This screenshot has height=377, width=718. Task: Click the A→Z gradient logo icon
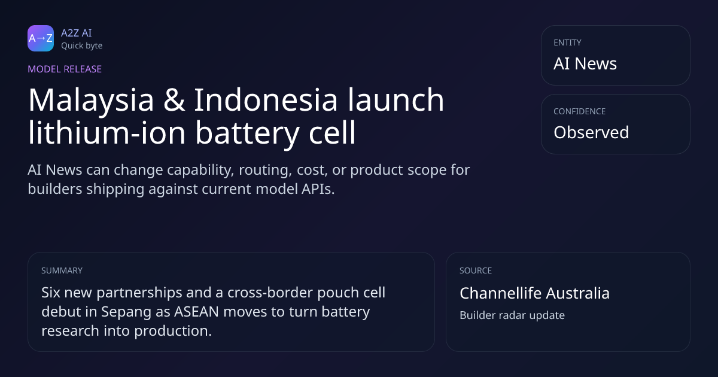click(41, 38)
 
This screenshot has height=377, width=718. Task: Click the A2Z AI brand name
click(77, 33)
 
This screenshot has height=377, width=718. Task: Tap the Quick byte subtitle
click(82, 46)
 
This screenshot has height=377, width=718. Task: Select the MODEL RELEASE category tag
click(65, 69)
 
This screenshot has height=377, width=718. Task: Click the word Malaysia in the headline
click(91, 101)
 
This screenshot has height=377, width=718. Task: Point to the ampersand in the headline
click(174, 100)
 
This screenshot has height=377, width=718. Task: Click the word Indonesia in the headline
click(266, 100)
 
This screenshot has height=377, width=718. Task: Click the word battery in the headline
click(247, 133)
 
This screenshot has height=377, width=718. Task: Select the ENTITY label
click(567, 42)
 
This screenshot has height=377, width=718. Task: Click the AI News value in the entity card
click(585, 63)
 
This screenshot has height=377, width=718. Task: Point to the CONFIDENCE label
click(580, 111)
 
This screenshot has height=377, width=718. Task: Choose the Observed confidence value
click(591, 132)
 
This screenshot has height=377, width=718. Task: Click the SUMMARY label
click(62, 270)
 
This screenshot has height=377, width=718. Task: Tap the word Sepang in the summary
click(126, 312)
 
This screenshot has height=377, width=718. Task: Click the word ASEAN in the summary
click(196, 312)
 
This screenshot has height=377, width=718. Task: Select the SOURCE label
click(476, 270)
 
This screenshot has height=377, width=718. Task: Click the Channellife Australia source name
click(535, 293)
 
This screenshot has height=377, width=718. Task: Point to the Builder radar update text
click(512, 315)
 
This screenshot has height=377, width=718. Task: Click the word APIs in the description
click(318, 189)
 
